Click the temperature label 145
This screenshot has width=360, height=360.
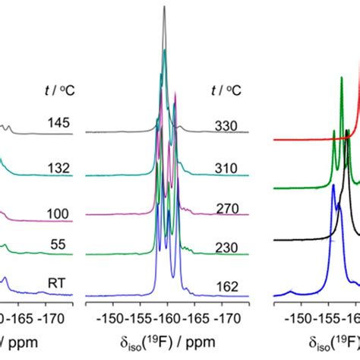coord(58,121)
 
